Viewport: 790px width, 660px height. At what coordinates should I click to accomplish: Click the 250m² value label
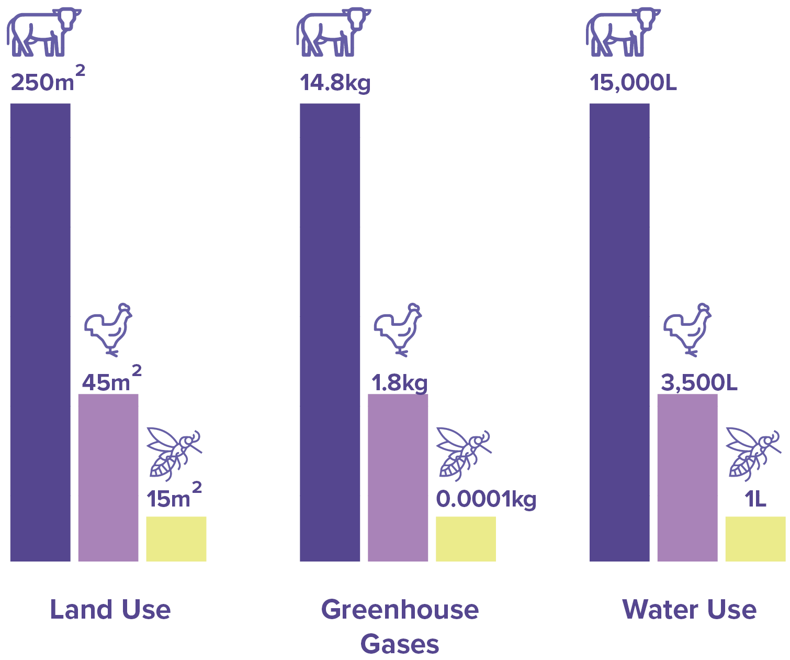[x=47, y=80]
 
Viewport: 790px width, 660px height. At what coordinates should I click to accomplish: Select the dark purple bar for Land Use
[x=40, y=332]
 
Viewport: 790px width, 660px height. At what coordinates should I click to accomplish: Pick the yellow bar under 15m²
[x=176, y=538]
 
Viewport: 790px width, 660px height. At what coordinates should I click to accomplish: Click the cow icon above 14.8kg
[x=333, y=32]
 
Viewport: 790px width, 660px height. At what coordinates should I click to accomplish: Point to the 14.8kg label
[x=335, y=83]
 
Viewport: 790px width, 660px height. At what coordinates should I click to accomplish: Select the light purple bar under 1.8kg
[x=398, y=477]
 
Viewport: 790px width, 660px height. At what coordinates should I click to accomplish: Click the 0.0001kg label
[x=486, y=499]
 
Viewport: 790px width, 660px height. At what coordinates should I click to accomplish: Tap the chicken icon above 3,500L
[x=687, y=329]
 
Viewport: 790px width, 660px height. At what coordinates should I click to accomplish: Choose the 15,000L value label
[x=634, y=83]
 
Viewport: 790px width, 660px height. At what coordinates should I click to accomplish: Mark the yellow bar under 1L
[x=755, y=538]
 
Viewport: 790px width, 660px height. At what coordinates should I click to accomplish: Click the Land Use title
[x=110, y=610]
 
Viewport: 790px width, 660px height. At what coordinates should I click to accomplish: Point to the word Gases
[x=400, y=644]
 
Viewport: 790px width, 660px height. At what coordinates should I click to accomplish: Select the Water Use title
[x=689, y=610]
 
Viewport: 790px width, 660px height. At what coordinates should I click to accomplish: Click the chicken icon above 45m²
[x=108, y=329]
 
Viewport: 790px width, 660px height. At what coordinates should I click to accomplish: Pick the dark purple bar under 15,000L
[x=619, y=332]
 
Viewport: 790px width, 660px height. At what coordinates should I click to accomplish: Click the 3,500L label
[x=699, y=383]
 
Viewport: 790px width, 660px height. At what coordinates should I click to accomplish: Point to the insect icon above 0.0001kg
[x=464, y=454]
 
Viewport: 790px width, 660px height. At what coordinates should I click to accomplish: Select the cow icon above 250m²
[x=44, y=32]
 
